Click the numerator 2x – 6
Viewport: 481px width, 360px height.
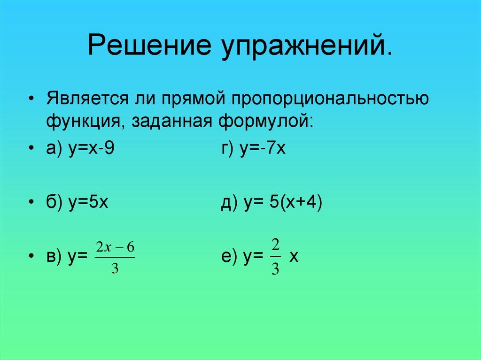coord(115,247)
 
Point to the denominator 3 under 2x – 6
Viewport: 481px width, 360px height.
coord(115,269)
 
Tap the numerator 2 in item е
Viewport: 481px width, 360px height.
coord(276,245)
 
